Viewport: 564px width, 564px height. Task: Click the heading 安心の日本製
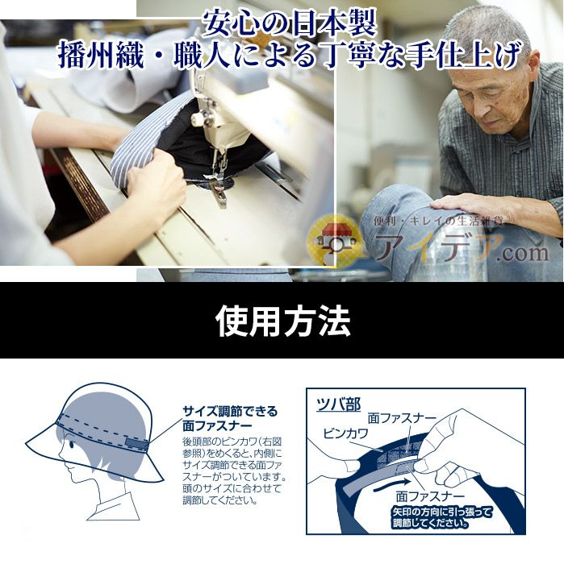290,23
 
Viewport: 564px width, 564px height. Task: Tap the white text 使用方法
282,321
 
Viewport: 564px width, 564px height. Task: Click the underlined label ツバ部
339,404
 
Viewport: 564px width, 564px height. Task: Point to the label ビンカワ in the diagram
346,433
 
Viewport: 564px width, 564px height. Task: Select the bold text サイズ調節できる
230,411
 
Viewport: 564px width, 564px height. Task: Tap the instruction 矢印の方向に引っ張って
441,512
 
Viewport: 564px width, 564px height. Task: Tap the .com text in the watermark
523,252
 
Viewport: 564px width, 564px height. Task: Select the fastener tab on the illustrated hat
136,445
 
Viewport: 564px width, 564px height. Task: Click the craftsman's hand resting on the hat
468,209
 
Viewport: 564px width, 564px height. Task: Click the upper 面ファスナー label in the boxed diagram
402,418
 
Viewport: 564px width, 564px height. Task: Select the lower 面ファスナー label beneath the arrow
430,496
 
